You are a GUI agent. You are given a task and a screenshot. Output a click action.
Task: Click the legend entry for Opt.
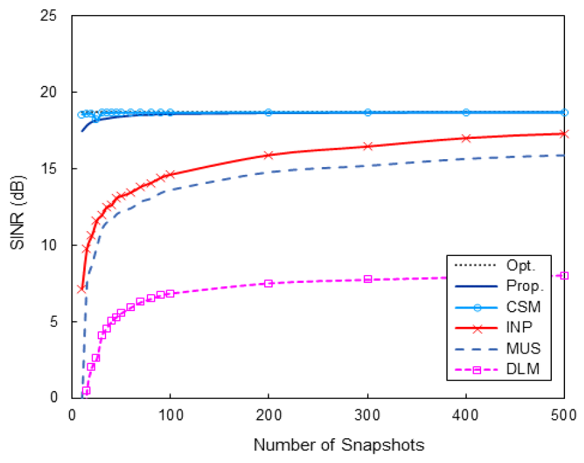[x=522, y=266]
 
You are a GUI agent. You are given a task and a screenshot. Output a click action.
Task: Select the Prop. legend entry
[x=523, y=287]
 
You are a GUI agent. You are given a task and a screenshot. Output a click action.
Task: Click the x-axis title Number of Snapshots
[x=339, y=445]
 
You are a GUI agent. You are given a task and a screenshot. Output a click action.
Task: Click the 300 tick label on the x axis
[x=367, y=415]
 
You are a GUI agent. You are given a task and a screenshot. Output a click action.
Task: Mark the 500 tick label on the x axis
[x=564, y=415]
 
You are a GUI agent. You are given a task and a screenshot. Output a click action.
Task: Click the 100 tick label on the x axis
[x=170, y=415]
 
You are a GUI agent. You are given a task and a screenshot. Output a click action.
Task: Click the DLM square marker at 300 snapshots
[x=368, y=279]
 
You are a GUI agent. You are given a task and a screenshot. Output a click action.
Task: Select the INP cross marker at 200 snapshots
[x=269, y=155]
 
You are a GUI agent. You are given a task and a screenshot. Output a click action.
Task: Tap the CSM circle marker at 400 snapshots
[x=466, y=113]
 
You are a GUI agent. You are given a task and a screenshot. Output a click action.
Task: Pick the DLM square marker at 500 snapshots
[x=564, y=276]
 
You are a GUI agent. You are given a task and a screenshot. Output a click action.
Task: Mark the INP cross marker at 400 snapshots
[x=466, y=138]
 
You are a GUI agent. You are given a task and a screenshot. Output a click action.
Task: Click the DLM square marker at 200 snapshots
[x=269, y=284]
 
